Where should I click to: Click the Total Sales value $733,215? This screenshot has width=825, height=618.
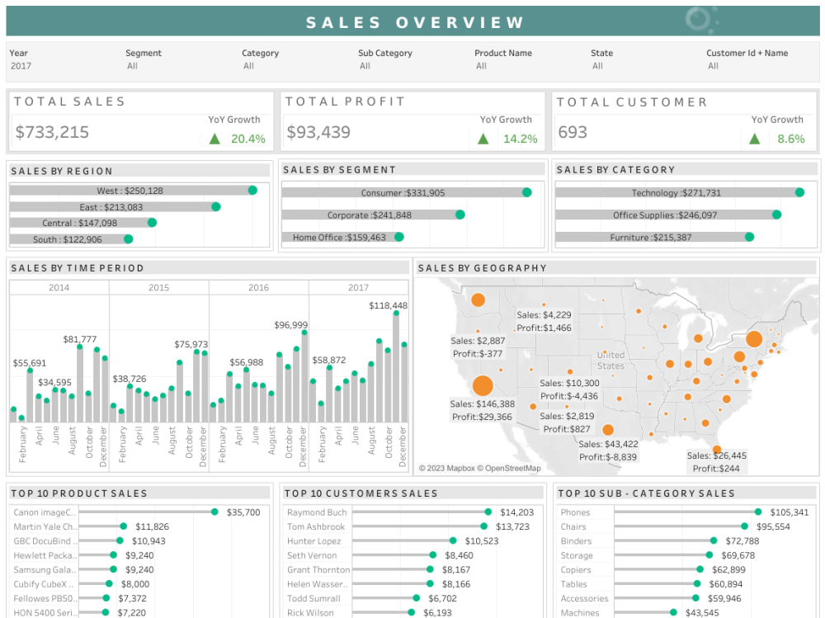(52, 132)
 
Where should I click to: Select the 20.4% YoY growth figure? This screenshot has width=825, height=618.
(247, 139)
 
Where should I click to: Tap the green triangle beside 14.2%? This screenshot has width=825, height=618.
(483, 139)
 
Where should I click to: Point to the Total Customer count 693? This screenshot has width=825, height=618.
(573, 132)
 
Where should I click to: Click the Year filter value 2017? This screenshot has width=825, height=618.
(21, 66)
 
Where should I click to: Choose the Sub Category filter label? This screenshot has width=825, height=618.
(384, 53)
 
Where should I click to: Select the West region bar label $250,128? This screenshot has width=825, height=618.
(130, 191)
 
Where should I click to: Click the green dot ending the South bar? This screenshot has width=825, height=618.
(128, 239)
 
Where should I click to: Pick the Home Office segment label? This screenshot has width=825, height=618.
(339, 237)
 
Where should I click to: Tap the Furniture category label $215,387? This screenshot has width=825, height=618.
(651, 237)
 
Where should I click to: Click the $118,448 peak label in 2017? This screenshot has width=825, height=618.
(388, 305)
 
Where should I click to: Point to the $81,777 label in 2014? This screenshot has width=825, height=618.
(80, 339)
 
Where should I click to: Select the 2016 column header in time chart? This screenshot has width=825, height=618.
(258, 287)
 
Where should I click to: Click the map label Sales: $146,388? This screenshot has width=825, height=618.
(483, 404)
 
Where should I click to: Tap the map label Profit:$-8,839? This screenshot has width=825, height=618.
(608, 456)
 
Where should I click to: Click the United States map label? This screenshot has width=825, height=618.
(610, 360)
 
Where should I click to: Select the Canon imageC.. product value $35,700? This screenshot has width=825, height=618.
(243, 512)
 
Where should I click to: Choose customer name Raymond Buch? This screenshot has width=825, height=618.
(317, 512)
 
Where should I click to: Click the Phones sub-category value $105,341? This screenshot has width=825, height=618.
(790, 512)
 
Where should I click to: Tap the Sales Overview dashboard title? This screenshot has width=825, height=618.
(415, 22)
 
